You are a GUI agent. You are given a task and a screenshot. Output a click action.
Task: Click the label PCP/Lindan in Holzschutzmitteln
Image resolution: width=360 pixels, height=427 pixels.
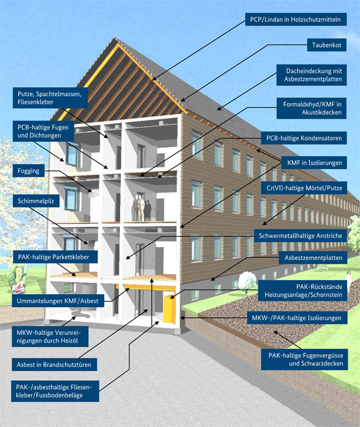pyautogui.click(x=295, y=19)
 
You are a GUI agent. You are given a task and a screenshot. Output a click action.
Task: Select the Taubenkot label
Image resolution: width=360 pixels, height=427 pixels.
pyautogui.click(x=327, y=45)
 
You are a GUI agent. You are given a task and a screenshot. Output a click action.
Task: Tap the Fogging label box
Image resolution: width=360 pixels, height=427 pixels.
pyautogui.click(x=28, y=171)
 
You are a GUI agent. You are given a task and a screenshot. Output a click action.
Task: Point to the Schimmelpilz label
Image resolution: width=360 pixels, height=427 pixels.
pyautogui.click(x=36, y=201)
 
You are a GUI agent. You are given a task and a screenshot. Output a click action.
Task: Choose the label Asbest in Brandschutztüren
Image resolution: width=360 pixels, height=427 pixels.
pyautogui.click(x=54, y=364)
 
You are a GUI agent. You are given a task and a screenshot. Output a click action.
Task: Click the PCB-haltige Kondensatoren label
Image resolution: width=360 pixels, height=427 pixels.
pyautogui.click(x=304, y=138)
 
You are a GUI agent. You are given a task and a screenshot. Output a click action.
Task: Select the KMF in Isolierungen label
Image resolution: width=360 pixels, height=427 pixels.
pyautogui.click(x=314, y=163)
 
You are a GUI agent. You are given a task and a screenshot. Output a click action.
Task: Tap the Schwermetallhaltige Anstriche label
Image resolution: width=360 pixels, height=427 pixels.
pyautogui.click(x=301, y=235)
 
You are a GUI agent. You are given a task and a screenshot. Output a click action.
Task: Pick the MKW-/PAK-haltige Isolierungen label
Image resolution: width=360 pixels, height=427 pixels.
pyautogui.click(x=297, y=318)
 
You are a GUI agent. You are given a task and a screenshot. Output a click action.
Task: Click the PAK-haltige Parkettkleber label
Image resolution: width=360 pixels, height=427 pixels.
pyautogui.click(x=55, y=257)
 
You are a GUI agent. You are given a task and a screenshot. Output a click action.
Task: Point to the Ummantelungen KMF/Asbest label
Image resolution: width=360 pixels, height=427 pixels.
pyautogui.click(x=58, y=301)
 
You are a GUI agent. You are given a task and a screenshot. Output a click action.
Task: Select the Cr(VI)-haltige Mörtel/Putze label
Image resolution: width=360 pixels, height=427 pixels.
pyautogui.click(x=304, y=188)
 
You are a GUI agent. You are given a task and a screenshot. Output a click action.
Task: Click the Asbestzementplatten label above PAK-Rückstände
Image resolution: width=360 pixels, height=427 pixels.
pyautogui.click(x=313, y=257)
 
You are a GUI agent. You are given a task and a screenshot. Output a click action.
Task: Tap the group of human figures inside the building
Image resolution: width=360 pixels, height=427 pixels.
pyautogui.click(x=141, y=208)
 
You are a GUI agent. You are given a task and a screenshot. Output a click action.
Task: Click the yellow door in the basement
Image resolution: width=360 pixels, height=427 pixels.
pyautogui.click(x=170, y=310)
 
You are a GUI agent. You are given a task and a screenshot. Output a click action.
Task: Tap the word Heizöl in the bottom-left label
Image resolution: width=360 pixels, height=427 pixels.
pyautogui.click(x=70, y=341)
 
